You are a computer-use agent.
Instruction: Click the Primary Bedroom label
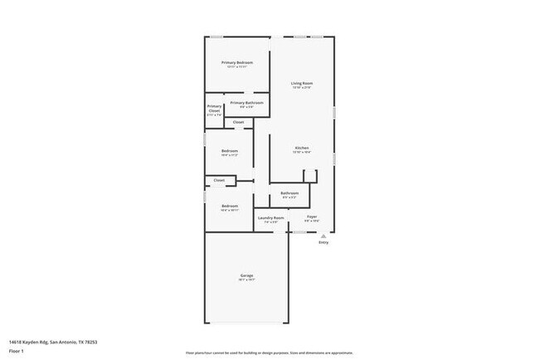coord(236,63)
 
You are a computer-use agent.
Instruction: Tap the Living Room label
coord(301,84)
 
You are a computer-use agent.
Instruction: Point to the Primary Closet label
coord(214,108)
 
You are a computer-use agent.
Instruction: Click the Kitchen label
coord(301,148)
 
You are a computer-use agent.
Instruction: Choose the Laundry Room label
coord(271,218)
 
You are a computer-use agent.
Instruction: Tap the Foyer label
coord(312,218)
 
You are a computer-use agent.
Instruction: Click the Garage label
coord(246,275)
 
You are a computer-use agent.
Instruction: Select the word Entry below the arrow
coord(323,243)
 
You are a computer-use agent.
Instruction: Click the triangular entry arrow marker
coord(323,236)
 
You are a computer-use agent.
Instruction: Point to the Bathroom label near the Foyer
coord(289,193)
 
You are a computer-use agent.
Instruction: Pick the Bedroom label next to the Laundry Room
coord(230,207)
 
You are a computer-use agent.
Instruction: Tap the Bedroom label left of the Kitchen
coord(230,151)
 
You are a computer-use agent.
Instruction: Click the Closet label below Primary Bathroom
coord(238,123)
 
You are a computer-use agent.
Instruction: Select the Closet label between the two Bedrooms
coord(219,180)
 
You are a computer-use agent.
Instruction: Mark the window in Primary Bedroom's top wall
coord(216,36)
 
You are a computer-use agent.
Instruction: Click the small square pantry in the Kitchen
coord(310,175)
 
